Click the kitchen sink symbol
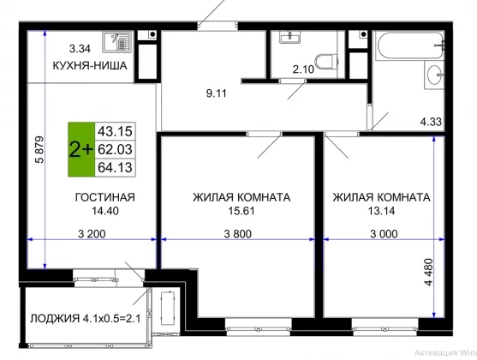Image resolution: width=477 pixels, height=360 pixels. [116, 42]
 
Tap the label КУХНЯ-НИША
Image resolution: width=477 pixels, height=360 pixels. [90, 66]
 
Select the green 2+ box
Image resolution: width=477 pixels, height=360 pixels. [81, 149]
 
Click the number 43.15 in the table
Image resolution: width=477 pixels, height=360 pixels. [115, 132]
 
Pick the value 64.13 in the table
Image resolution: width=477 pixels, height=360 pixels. [115, 167]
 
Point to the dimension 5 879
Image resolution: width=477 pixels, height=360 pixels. [39, 149]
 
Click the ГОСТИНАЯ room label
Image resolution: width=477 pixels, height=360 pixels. [105, 197]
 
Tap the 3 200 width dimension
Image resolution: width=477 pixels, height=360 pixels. [92, 234]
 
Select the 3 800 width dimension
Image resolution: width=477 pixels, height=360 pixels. [238, 234]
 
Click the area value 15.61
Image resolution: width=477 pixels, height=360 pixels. [241, 211]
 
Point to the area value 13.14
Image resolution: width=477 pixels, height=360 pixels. [381, 211]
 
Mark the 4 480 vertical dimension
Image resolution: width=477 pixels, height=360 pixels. [428, 272]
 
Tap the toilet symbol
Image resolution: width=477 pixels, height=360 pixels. [326, 62]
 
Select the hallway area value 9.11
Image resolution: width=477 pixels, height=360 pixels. [217, 93]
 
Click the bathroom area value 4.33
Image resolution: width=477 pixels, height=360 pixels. [431, 122]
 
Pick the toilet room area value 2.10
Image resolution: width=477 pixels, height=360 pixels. [303, 69]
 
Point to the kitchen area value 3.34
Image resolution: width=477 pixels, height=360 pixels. [80, 49]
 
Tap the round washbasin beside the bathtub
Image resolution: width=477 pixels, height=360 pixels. [434, 75]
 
